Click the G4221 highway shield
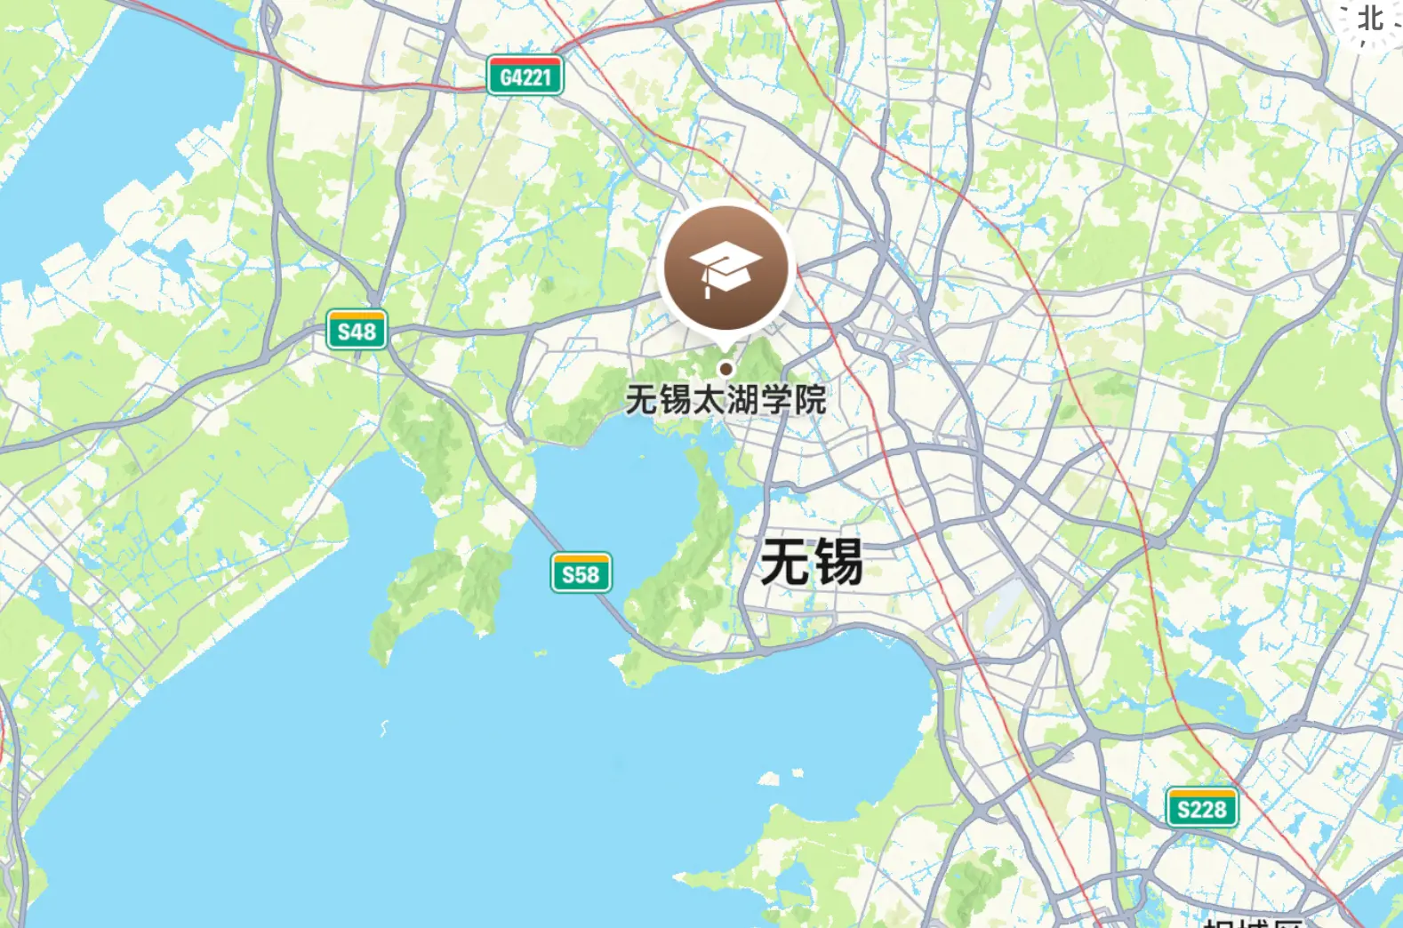pos(525,76)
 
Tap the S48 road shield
pos(357,331)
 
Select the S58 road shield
pos(581,573)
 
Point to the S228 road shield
pos(1201,809)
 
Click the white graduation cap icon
pos(726,266)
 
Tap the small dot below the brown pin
pos(726,369)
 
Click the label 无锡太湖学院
pos(726,400)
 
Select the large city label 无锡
pos(811,562)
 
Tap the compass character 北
pos(1370,18)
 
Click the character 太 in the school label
pos(709,400)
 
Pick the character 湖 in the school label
pos(742,400)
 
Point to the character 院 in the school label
pos(810,400)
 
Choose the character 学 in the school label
pos(776,400)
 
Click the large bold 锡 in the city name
pos(838,562)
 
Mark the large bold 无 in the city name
pos(785,562)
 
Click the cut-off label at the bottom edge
pos(1253,922)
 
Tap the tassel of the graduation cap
pos(707,286)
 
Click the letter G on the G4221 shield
pos(506,78)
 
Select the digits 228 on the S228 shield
pos(1210,810)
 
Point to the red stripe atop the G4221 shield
pos(525,60)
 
